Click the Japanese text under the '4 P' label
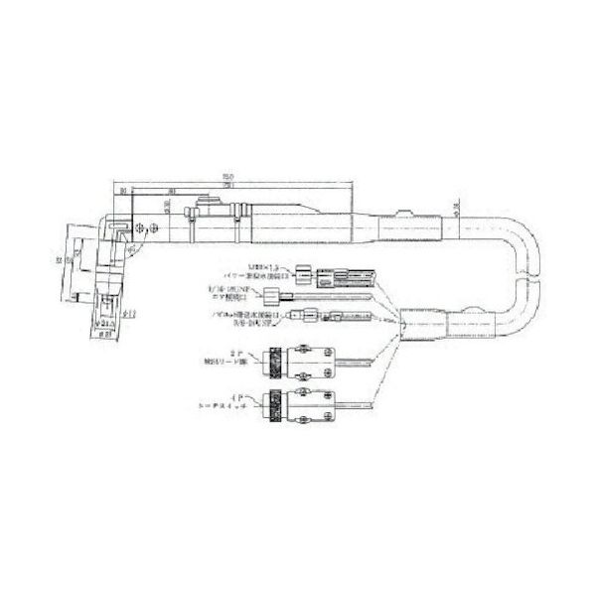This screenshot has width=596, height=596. [x=233, y=407]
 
